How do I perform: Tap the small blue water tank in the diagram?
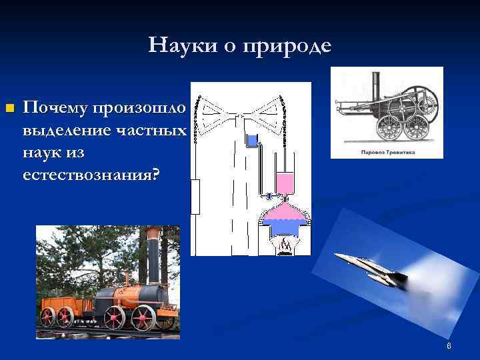252,140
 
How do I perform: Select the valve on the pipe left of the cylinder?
268,196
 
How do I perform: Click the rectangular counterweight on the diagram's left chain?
195,197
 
